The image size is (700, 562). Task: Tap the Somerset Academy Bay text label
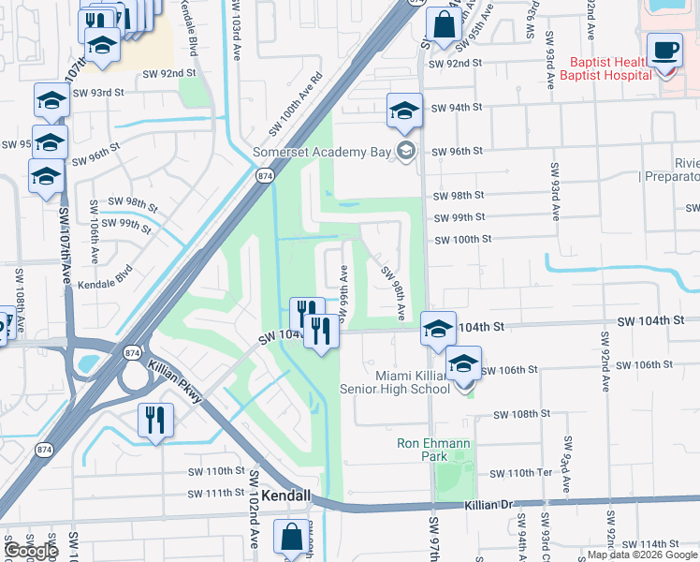[x=321, y=152]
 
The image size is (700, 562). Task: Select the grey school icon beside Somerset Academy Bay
[x=405, y=151]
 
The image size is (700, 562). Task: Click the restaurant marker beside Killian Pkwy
[x=155, y=421]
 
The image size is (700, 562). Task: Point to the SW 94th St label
[x=457, y=108]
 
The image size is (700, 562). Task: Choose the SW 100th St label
[x=463, y=240]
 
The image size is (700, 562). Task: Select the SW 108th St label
[x=520, y=414]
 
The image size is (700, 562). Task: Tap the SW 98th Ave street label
[x=393, y=290]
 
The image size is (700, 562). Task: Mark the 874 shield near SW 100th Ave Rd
[x=265, y=175]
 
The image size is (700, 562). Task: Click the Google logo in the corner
[x=32, y=551]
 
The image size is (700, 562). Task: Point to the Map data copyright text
[x=642, y=555]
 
